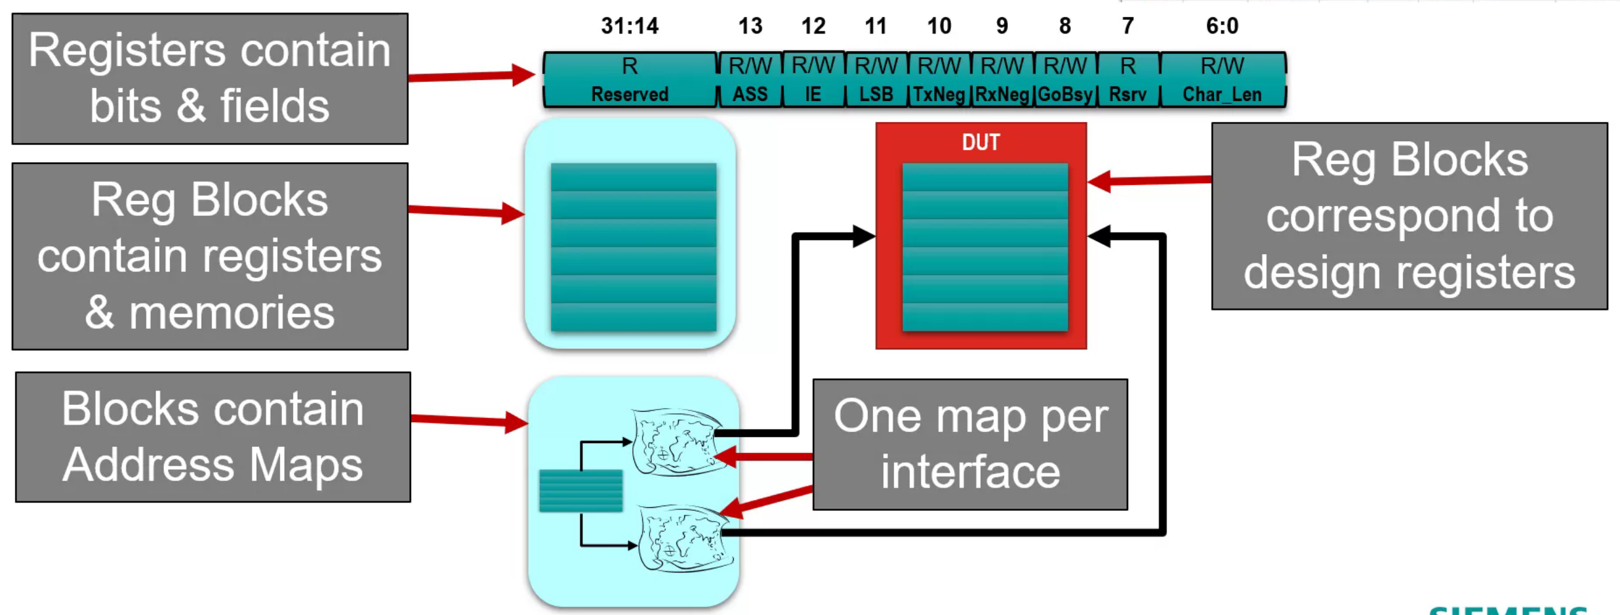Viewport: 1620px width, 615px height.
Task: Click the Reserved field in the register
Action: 630,80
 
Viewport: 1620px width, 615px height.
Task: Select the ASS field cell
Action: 750,80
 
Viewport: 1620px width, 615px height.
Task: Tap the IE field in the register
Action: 813,80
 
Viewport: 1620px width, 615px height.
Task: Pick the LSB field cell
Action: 876,80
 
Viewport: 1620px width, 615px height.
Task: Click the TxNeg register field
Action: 939,80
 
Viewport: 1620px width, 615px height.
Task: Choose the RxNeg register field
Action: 1002,80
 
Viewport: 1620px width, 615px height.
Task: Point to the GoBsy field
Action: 1064,80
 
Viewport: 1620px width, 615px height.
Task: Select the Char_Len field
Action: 1222,80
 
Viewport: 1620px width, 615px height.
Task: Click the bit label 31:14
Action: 630,26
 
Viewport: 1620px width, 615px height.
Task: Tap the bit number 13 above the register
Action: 750,26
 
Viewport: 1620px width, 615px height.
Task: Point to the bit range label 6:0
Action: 1222,26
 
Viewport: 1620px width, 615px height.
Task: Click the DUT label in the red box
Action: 981,142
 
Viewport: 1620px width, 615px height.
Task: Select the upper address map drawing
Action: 676,442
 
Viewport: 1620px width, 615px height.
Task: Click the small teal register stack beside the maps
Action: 580,490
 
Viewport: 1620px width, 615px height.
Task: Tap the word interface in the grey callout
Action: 970,473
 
